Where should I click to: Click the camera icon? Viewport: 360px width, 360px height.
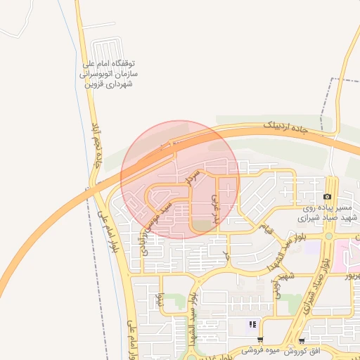click(327, 196)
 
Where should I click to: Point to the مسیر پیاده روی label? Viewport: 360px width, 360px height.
click(326, 208)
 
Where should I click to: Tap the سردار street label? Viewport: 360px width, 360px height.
click(193, 176)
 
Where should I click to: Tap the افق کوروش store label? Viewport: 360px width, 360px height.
click(314, 349)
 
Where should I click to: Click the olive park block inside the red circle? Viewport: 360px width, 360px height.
click(202, 225)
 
